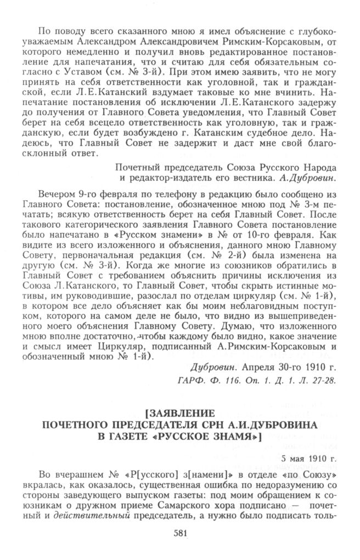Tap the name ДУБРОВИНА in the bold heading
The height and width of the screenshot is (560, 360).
(277, 424)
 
